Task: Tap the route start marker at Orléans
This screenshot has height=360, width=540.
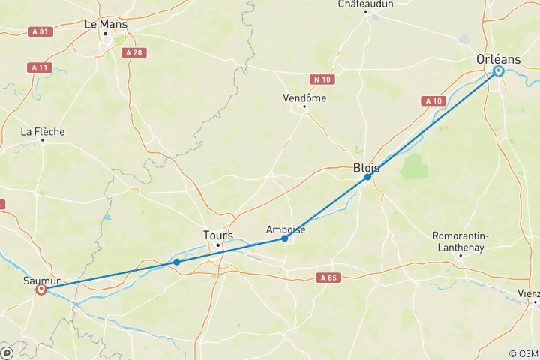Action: [x=499, y=71]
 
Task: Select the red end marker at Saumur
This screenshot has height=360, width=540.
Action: [x=41, y=289]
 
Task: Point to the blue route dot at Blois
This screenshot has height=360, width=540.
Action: [x=367, y=178]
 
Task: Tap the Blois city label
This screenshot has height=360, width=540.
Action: [x=366, y=169]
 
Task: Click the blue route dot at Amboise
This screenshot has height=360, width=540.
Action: [x=285, y=238]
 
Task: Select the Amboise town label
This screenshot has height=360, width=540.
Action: [x=286, y=229]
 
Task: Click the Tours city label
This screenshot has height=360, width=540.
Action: [x=218, y=235]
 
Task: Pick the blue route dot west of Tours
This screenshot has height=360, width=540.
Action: [x=176, y=262]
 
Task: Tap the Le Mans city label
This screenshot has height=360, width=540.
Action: [x=106, y=24]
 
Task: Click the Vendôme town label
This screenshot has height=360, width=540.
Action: [x=304, y=97]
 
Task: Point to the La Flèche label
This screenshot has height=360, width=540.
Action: [x=43, y=132]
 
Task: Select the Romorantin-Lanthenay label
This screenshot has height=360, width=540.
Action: [x=460, y=241]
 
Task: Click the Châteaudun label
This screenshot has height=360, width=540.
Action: [x=366, y=4]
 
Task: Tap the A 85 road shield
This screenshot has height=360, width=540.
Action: [x=327, y=277]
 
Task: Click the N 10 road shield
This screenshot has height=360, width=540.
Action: [x=322, y=78]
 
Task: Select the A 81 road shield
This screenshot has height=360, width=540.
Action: [x=42, y=31]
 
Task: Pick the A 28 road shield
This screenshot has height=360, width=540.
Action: [x=133, y=52]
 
